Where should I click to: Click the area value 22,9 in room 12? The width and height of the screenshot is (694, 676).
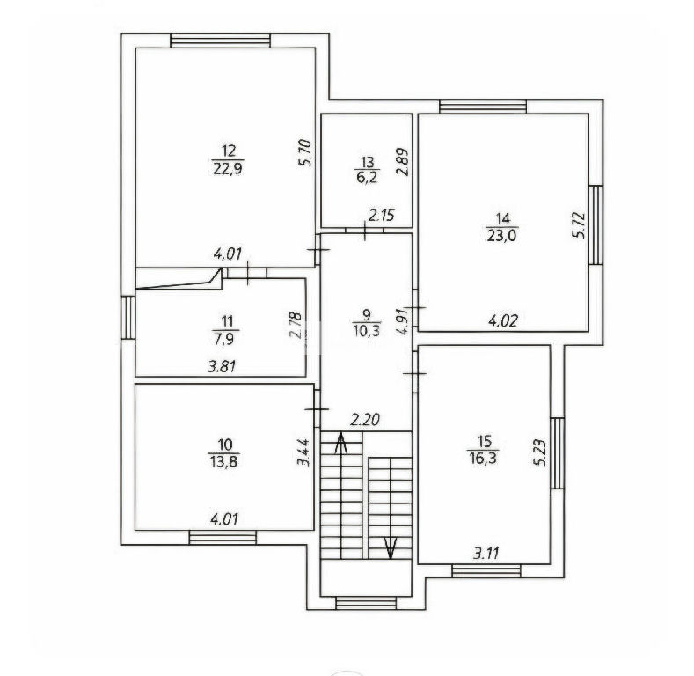coord(228,169)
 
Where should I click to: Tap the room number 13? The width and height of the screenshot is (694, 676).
coord(368,162)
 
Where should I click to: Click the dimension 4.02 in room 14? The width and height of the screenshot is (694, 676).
coord(503,320)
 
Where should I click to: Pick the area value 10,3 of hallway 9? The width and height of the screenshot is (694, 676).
coord(367,330)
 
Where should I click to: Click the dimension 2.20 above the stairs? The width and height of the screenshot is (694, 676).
coord(365,419)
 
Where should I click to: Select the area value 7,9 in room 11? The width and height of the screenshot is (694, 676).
coord(226,339)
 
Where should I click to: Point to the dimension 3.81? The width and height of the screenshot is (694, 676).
coord(222,366)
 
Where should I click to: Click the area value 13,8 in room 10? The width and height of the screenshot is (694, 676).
coord(225,462)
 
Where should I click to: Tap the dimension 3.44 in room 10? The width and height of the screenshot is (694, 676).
coord(303,452)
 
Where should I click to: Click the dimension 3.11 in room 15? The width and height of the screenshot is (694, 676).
coord(486,554)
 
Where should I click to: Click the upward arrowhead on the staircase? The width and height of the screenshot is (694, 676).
coord(340,442)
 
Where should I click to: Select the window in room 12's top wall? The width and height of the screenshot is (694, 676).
coord(221,41)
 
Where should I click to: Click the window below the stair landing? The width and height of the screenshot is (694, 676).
coord(366,603)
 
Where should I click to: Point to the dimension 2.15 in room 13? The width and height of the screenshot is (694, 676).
coord(382,216)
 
